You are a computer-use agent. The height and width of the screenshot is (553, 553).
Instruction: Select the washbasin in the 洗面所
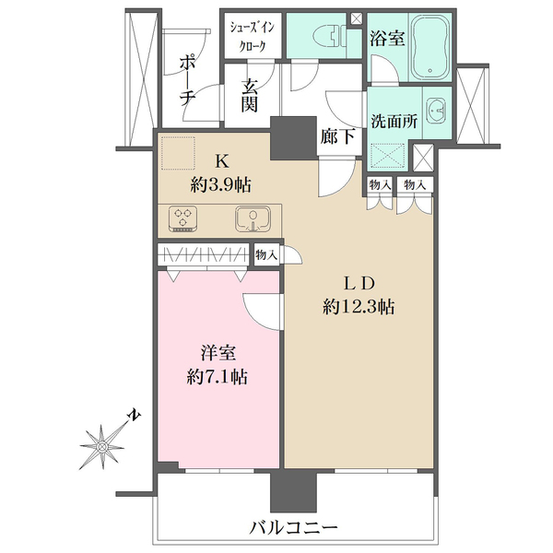click(435, 108)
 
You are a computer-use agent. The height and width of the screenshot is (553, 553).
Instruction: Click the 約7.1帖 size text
click(217, 376)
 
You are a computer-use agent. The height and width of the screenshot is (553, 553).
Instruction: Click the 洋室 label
click(218, 353)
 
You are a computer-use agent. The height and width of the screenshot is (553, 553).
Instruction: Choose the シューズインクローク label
click(249, 37)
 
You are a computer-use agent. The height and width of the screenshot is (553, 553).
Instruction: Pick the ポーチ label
click(186, 78)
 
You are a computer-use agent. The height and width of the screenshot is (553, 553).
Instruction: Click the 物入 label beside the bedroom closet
click(265, 254)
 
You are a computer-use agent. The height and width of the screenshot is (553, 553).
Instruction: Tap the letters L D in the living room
click(359, 282)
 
